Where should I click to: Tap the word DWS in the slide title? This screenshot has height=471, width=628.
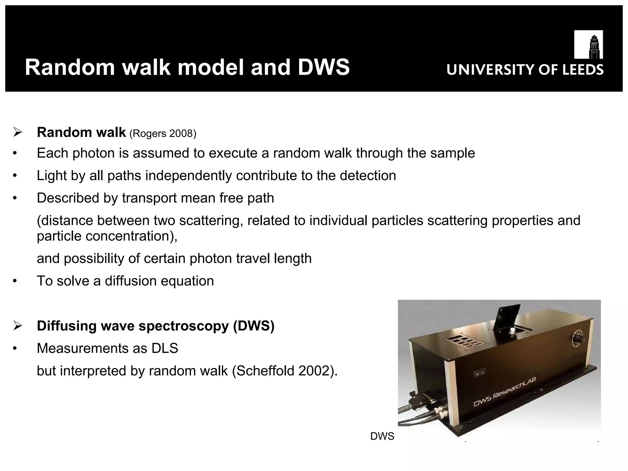click(324, 67)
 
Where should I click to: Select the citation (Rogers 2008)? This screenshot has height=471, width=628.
click(163, 134)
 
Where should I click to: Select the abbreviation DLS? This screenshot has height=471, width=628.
click(165, 348)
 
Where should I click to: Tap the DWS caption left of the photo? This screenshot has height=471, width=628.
click(382, 436)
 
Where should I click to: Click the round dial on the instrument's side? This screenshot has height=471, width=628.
click(576, 337)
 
